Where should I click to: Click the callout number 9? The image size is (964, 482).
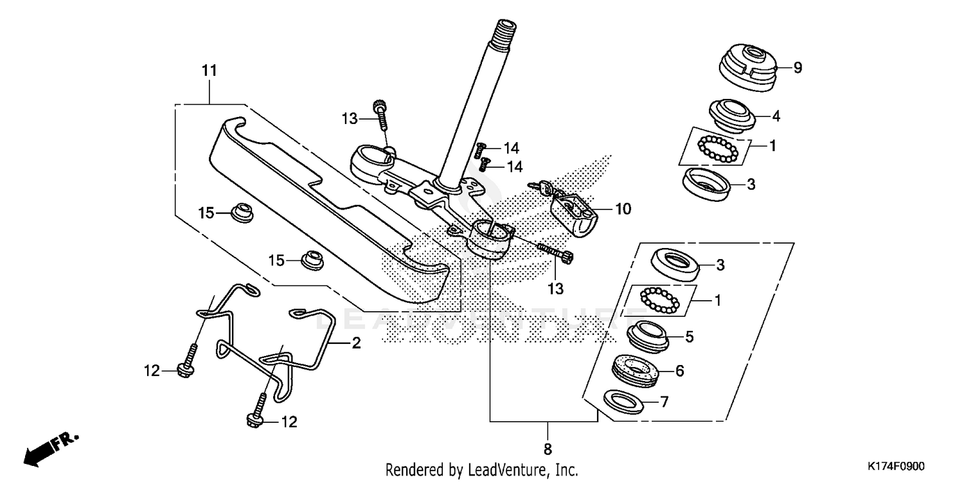pyautogui.click(x=798, y=67)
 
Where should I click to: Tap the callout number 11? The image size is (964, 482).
pyautogui.click(x=210, y=71)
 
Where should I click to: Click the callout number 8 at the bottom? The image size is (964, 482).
pyautogui.click(x=548, y=448)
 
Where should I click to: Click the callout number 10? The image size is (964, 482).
pyautogui.click(x=623, y=209)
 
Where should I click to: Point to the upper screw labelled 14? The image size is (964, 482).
pyautogui.click(x=479, y=150)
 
